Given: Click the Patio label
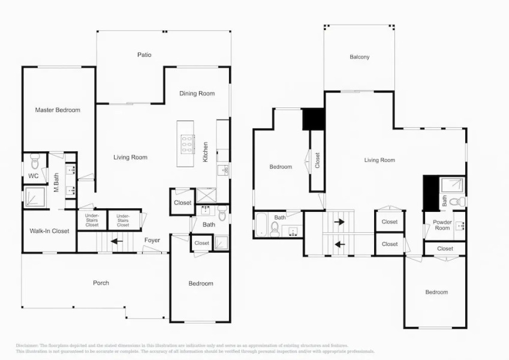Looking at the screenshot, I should tap(144, 55).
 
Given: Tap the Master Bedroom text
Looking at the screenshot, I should tap(58, 110).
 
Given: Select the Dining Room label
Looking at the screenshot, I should tap(197, 93).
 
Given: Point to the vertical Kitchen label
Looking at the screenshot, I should tap(206, 152).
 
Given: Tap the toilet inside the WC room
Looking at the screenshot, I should tap(34, 163).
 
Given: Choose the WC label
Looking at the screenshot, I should tap(34, 176).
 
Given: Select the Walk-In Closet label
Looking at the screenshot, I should tap(50, 231).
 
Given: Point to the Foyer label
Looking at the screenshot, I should tap(152, 241).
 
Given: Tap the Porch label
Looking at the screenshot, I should tap(101, 283).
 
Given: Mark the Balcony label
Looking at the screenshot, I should tap(360, 57).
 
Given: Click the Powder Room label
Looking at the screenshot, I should tap(442, 225).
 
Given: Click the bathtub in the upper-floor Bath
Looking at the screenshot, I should tap(262, 226).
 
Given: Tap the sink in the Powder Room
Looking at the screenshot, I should tap(459, 226).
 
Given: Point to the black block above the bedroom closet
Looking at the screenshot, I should tap(312, 119).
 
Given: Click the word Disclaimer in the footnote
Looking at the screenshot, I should tap(27, 346).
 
